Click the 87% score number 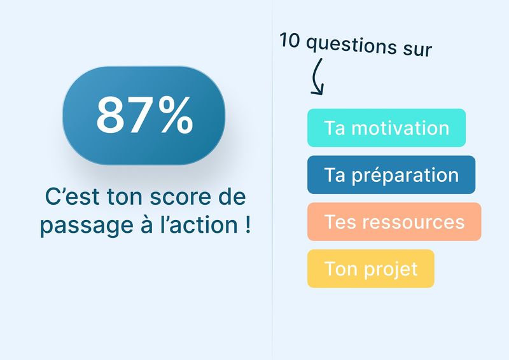point(144,115)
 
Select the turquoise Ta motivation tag point(386,128)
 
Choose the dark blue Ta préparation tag point(391,175)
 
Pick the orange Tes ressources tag point(394,222)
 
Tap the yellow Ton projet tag point(371,268)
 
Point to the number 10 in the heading point(289,41)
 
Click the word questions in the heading point(351,45)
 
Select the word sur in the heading point(417,50)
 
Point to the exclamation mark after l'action point(248,223)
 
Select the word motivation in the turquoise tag point(400,128)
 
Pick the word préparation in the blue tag point(405,176)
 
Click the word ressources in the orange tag point(413,223)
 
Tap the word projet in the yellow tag point(390,270)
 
